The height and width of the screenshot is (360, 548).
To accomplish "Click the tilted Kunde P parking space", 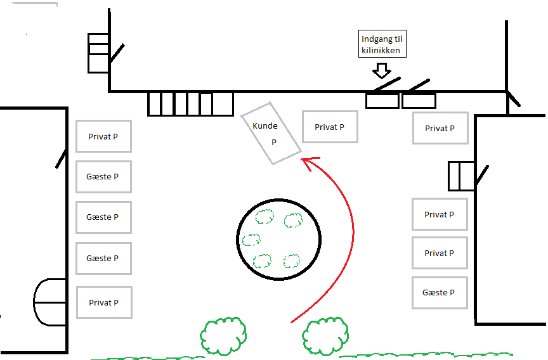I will tap(271, 133).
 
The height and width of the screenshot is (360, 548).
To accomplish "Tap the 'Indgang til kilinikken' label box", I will tap(381, 44).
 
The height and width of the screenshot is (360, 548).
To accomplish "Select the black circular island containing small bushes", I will tap(277, 238).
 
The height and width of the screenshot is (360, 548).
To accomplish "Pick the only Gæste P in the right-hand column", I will tap(440, 293).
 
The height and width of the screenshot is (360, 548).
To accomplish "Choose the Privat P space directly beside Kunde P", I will tap(330, 127).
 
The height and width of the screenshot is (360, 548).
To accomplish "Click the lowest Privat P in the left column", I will tap(103, 302).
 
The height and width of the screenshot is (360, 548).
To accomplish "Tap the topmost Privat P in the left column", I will tap(103, 136).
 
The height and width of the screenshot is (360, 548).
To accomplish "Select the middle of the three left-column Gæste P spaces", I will tap(103, 217).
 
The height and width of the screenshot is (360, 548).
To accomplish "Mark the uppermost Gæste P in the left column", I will tap(103, 177).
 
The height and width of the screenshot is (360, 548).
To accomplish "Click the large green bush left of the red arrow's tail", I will tap(223, 336).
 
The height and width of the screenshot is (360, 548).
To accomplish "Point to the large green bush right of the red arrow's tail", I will tap(325, 335).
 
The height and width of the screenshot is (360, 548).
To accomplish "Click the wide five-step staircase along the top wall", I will tap(190, 104).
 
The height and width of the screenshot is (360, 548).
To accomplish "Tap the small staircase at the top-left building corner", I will tap(98, 53).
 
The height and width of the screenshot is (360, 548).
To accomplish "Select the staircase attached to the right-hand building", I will tap(461, 176).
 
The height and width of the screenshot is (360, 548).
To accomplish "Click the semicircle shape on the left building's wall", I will tap(49, 302).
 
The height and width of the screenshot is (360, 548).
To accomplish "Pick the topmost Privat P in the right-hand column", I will tap(440, 128).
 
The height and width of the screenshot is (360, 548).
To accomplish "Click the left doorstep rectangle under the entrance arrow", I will tap(382, 101).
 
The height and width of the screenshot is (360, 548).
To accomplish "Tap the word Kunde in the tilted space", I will tap(265, 126).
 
